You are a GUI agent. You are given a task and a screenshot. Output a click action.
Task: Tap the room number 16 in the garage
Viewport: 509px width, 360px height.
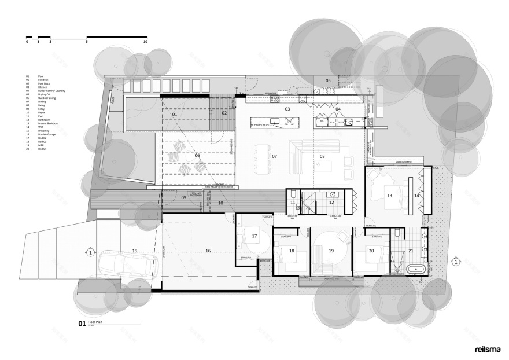tap(208, 251)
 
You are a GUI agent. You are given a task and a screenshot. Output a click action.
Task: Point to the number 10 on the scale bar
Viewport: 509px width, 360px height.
tap(145, 42)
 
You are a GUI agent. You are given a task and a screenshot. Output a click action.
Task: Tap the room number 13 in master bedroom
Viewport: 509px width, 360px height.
tap(389, 196)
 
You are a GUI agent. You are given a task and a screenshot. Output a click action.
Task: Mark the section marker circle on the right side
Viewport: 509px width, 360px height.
tap(456, 262)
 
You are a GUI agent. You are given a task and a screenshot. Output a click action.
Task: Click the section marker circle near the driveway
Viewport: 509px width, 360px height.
tap(90, 252)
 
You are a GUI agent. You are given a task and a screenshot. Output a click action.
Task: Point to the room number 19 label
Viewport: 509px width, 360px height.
tap(331, 251)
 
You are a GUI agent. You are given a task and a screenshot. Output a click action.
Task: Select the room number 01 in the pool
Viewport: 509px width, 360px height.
tap(174, 115)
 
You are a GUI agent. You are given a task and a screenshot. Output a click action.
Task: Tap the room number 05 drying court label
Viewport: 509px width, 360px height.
tap(328, 80)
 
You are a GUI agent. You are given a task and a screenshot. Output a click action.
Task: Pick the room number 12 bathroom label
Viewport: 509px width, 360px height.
tap(331, 202)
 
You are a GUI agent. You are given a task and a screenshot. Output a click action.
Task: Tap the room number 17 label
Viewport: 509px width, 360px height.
tap(254, 236)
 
